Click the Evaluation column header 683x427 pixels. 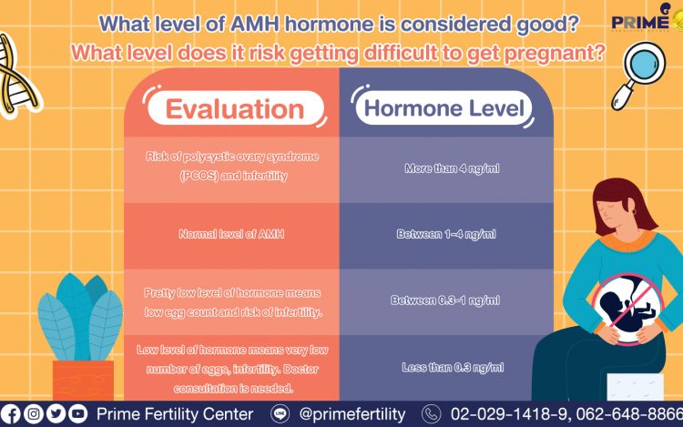coord(236,108)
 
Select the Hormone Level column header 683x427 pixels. coord(443,108)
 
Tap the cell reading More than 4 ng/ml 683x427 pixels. coord(452,168)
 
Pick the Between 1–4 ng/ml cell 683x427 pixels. coord(446,234)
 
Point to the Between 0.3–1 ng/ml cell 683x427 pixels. coord(445,300)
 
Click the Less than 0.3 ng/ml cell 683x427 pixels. coord(453,368)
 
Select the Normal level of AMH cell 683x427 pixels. coord(231,234)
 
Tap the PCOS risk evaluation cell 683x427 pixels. coord(232,166)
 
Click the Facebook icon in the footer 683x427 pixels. coord(10,414)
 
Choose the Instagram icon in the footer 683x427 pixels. coord(34,414)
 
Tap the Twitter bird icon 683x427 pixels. coord(56,414)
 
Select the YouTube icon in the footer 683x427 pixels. coord(78,414)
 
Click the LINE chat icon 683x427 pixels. coord(280,413)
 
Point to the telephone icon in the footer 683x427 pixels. coord(432,414)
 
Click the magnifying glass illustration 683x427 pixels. coord(639,75)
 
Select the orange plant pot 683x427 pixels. coord(83,380)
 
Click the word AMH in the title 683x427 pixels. coord(254,24)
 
